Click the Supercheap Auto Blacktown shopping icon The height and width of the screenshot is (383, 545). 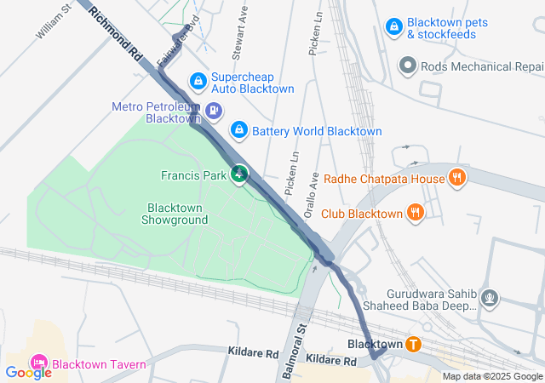coord(198,81)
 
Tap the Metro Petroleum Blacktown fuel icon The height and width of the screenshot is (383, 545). coord(213,110)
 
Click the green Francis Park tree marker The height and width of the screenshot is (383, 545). coord(239,174)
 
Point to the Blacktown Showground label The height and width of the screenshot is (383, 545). coord(177,214)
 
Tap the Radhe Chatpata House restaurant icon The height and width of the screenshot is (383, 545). coord(457,178)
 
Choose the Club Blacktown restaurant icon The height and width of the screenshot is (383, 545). coord(416,212)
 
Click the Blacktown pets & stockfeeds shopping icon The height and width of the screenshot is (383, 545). coord(393,27)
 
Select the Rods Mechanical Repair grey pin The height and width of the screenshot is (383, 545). coord(408,65)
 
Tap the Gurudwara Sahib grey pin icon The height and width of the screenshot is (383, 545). coord(490,298)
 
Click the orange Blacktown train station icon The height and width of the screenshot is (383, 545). coord(413,344)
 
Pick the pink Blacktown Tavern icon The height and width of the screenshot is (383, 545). coord(38,363)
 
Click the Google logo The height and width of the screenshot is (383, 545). coord(27,372)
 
